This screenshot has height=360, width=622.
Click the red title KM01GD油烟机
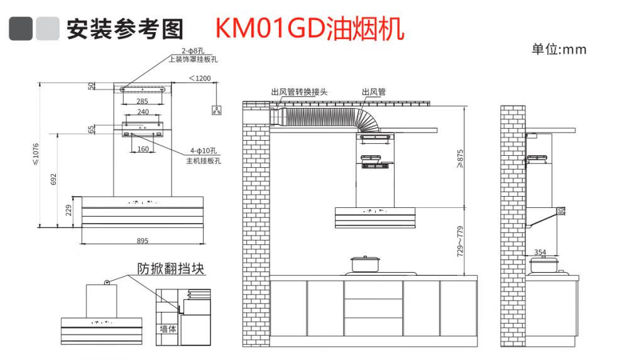pyautogui.click(x=309, y=28)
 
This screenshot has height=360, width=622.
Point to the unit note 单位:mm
pyautogui.click(x=559, y=50)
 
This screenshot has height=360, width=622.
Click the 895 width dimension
pyautogui.click(x=142, y=240)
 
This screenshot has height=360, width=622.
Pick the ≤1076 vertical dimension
pyautogui.click(x=36, y=155)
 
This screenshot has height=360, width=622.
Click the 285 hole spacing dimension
pyautogui.click(x=142, y=101)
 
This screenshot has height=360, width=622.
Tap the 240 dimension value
pyautogui.click(x=143, y=112)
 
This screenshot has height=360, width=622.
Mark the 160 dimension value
pyautogui.click(x=143, y=149)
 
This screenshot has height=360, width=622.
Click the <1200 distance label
pyautogui.click(x=200, y=79)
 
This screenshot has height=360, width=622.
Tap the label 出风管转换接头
pyautogui.click(x=299, y=92)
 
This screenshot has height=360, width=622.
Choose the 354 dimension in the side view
pyautogui.click(x=540, y=252)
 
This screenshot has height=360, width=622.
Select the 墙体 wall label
pyautogui.click(x=167, y=329)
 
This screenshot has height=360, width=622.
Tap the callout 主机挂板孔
pyautogui.click(x=203, y=161)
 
